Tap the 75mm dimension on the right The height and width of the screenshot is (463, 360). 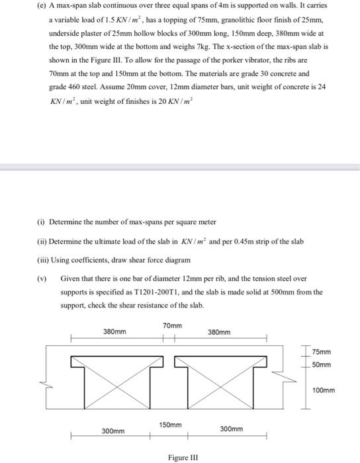pos(322,353)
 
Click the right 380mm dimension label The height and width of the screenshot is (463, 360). pos(220,332)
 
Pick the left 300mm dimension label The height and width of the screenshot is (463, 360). pos(112,431)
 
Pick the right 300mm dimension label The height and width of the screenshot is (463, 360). pos(230,429)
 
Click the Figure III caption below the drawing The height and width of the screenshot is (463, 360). pos(181,457)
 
